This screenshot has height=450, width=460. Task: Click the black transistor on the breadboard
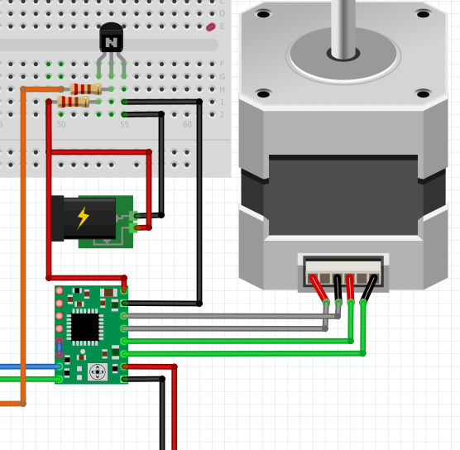(111, 39)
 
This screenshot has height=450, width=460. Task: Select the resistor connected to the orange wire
(86, 89)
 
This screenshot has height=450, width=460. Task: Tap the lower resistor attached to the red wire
(74, 102)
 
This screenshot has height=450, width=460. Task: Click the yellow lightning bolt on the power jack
(83, 218)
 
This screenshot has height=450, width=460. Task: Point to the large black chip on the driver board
(84, 327)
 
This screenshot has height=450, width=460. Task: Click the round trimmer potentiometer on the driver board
(97, 371)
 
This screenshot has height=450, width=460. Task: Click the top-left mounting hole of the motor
(263, 14)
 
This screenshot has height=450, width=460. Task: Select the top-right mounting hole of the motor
(423, 14)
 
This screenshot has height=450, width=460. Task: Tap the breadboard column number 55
(124, 125)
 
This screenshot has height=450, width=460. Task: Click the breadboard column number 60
(187, 125)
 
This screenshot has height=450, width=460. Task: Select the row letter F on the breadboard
(222, 64)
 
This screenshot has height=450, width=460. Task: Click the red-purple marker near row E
(210, 27)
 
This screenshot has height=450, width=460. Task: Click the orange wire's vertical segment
(23, 248)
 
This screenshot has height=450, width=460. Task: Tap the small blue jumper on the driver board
(60, 348)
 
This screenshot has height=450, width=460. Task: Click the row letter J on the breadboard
(222, 114)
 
